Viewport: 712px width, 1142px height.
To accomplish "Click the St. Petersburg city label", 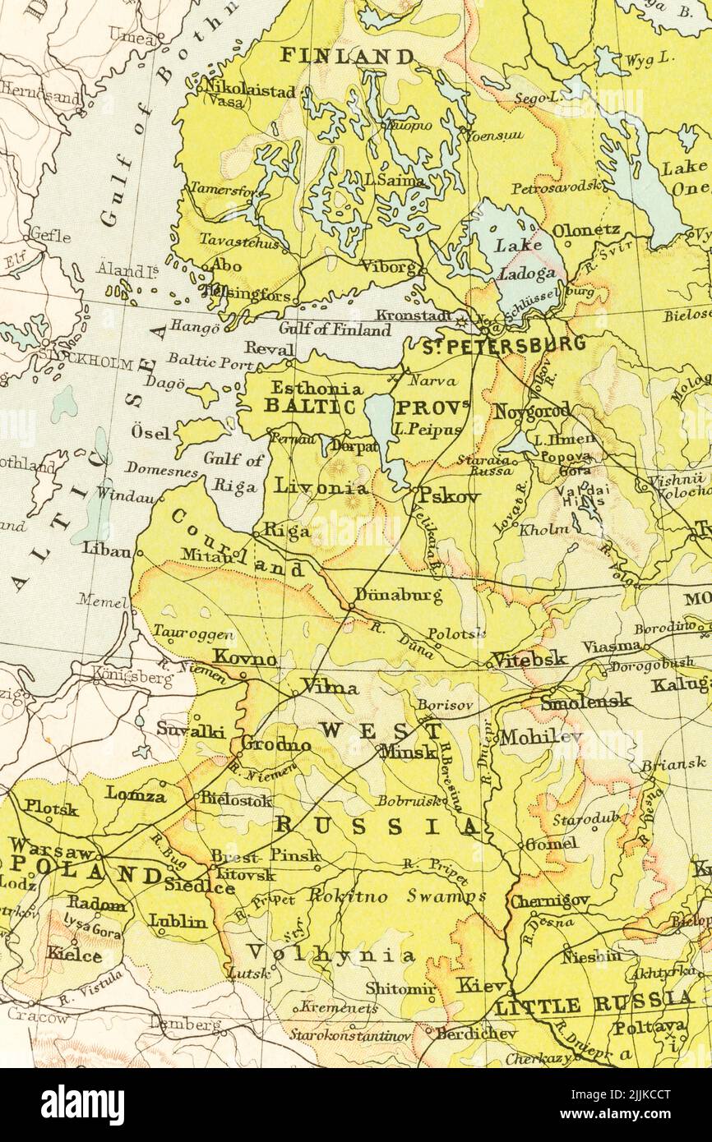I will point(503,345).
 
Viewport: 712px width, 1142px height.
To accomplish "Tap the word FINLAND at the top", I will point(347,56).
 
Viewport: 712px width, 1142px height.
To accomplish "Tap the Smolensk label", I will point(585,701).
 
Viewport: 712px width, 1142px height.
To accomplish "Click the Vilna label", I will point(329,687).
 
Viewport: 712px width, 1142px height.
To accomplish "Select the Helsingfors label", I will point(251,294).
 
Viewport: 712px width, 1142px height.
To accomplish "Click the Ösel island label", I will point(151,433).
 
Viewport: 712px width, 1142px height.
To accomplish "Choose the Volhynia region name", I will point(331,954).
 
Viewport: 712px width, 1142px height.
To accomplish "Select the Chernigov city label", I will point(549,900).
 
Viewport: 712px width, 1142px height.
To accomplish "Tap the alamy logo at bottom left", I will point(82,1104).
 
